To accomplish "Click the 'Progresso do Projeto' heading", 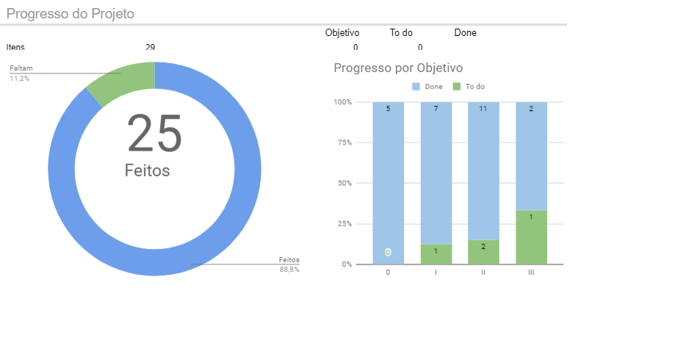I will pos(71,14).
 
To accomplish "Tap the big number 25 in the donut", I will pos(154,133).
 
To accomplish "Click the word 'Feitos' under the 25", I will pos(147,170).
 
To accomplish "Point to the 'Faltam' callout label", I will pos(21,69).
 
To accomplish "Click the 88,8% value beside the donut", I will pos(289,270).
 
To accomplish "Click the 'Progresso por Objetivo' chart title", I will pos(398,68).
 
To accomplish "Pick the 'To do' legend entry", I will pos(474,87).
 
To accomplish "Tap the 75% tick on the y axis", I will pos(344,143).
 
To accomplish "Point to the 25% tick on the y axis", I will pos(344,223).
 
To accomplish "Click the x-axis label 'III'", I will pos(531,273).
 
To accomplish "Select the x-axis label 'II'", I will pos(483,273).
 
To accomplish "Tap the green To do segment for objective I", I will pos(436,254).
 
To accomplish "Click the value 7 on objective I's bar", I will pos(436,109).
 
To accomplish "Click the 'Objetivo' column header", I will pos(342,33).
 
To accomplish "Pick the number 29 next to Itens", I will pos(150,48).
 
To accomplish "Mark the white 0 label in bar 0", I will pos(388,253).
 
